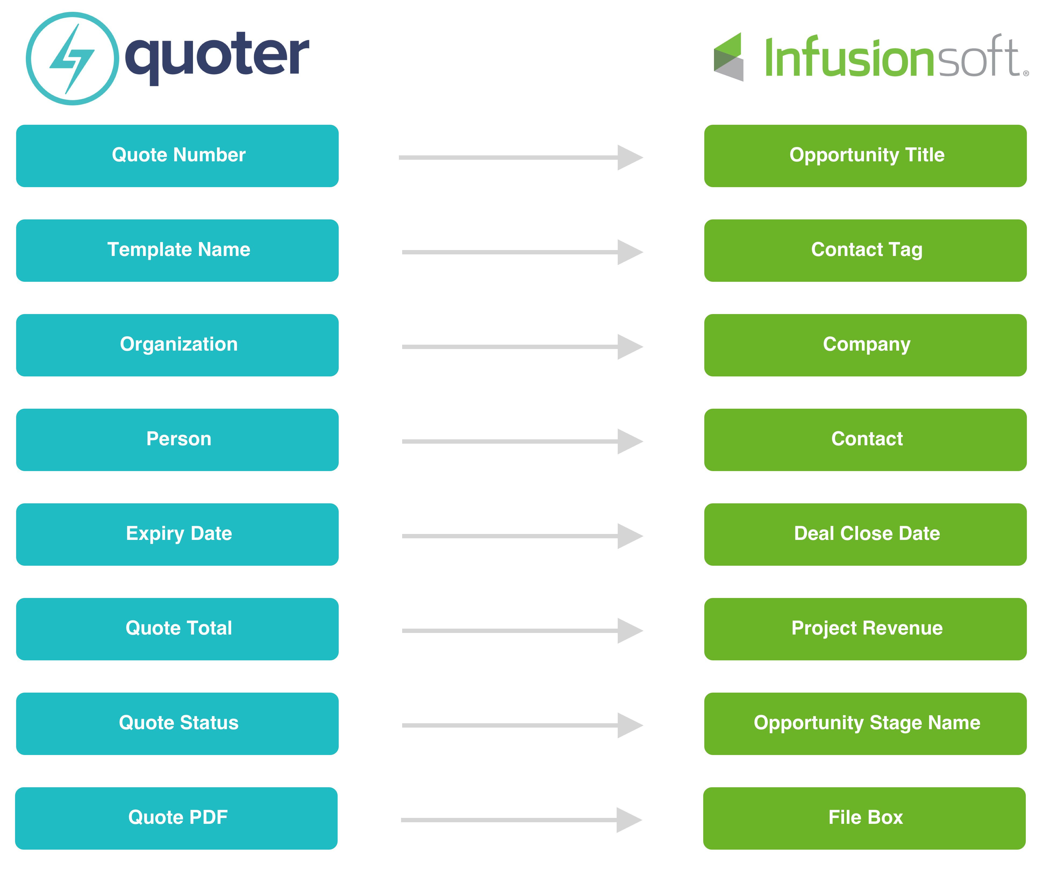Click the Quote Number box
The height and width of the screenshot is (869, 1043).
(x=177, y=156)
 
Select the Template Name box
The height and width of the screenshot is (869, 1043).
(x=177, y=250)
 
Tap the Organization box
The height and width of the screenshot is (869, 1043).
(x=177, y=345)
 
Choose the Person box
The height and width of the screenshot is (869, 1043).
(x=177, y=440)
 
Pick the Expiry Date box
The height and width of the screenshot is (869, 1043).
(x=177, y=535)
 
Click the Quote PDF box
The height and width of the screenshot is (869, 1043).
(x=176, y=818)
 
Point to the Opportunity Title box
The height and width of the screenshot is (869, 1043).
(x=865, y=156)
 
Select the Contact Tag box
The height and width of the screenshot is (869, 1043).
(x=865, y=250)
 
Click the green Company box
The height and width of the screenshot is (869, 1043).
(x=865, y=345)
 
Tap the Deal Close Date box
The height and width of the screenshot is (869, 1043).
(x=865, y=535)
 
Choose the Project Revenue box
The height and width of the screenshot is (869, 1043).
(x=865, y=629)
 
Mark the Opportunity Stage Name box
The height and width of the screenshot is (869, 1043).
(x=865, y=724)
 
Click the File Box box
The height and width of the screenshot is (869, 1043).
(x=864, y=818)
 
